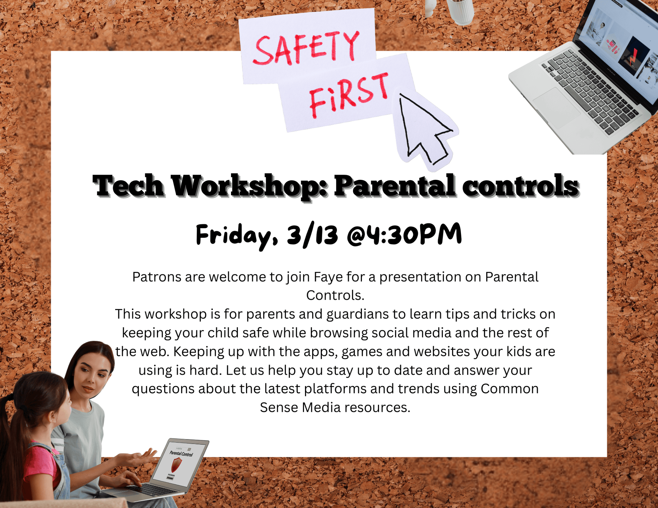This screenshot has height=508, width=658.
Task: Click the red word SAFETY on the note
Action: point(306,48)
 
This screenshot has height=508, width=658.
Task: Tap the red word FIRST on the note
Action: point(349,95)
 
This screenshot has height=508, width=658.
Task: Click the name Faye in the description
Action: point(328,277)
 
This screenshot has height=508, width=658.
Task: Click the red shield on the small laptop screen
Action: point(176,465)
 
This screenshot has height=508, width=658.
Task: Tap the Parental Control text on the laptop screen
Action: point(181,454)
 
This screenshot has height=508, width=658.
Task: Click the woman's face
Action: point(91,375)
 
